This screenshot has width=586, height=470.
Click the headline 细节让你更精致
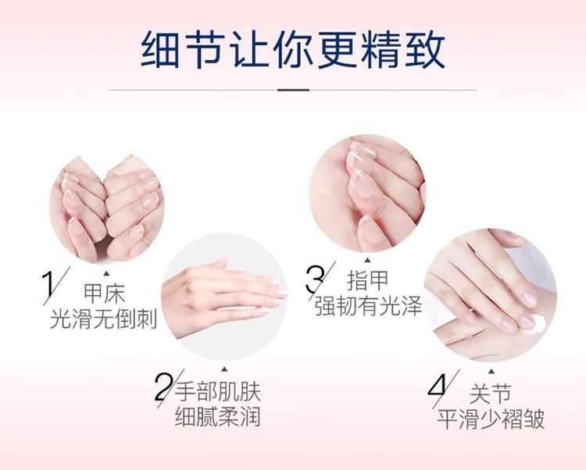coord(293,50)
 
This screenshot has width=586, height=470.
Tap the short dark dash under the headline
coord(293,90)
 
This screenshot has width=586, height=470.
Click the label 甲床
coord(104,294)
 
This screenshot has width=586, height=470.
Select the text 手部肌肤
coord(217,391)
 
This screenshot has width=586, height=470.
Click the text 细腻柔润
coord(217,416)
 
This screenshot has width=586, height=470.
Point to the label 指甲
coord(368,280)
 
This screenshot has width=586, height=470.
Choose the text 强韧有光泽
coord(369,306)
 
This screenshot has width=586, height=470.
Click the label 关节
coord(491,393)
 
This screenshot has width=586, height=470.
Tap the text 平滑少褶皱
coord(491,418)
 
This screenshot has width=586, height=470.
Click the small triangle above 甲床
coord(106,273)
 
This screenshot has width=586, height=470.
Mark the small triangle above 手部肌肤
coord(224,369)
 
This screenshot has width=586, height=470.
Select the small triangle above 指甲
coord(368,260)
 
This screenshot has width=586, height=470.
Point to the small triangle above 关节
coord(491,371)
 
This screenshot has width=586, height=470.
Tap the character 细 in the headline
coord(160,50)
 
